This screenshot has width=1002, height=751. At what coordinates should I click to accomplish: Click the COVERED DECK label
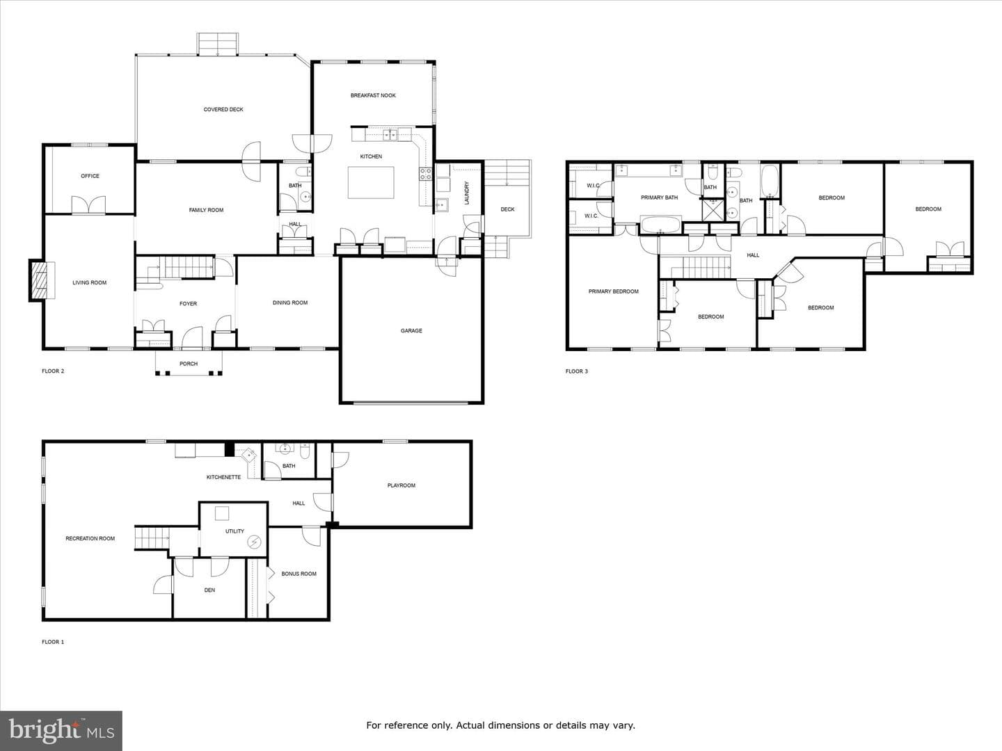point(223,109)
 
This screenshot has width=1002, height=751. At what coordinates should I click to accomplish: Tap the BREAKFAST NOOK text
point(373,95)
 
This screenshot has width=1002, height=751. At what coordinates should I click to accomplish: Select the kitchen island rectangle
point(371,182)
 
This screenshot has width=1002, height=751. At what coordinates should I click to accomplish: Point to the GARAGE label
point(411,330)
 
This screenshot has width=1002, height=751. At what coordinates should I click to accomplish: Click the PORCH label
point(189,364)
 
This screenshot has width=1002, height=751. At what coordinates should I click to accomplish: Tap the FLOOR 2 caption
point(53,371)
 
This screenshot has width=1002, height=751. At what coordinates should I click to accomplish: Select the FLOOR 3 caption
point(577,371)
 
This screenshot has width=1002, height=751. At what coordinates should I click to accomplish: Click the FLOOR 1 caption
point(53,642)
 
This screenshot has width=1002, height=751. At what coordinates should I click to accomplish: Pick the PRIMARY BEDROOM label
point(614,291)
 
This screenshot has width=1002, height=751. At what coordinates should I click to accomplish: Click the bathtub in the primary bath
point(661,225)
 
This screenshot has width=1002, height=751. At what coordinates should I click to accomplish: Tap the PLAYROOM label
point(401,485)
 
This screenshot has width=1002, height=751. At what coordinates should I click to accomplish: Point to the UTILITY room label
point(234,531)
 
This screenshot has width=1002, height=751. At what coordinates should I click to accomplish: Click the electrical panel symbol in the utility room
point(254,542)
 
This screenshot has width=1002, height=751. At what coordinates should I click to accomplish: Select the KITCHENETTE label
point(223,478)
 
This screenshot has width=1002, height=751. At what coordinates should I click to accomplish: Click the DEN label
point(209,590)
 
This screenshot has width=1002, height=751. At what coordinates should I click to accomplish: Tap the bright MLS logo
point(61,730)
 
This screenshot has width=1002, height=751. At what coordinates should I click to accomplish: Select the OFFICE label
point(90,176)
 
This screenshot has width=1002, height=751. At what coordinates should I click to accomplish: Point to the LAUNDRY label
point(466,193)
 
